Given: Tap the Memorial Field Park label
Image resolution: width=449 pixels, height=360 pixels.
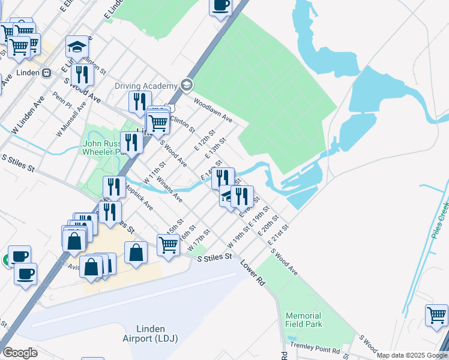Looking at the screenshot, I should [x=304, y=320].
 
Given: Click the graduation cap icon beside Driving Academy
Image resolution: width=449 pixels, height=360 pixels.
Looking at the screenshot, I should [x=186, y=85].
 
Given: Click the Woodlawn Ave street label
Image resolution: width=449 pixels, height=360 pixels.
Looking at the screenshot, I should [x=212, y=111].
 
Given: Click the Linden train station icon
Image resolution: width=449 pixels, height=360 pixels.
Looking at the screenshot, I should [x=46, y=73].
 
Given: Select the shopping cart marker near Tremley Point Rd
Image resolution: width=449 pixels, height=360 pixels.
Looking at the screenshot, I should [x=436, y=315].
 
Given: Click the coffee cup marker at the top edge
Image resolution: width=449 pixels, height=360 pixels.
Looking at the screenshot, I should [x=220, y=7].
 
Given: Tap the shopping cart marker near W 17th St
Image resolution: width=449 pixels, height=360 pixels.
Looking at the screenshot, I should [x=168, y=245].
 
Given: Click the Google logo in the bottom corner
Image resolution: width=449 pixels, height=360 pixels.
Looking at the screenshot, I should [x=20, y=353].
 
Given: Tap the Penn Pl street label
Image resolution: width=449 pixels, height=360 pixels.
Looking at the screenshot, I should [x=62, y=100].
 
